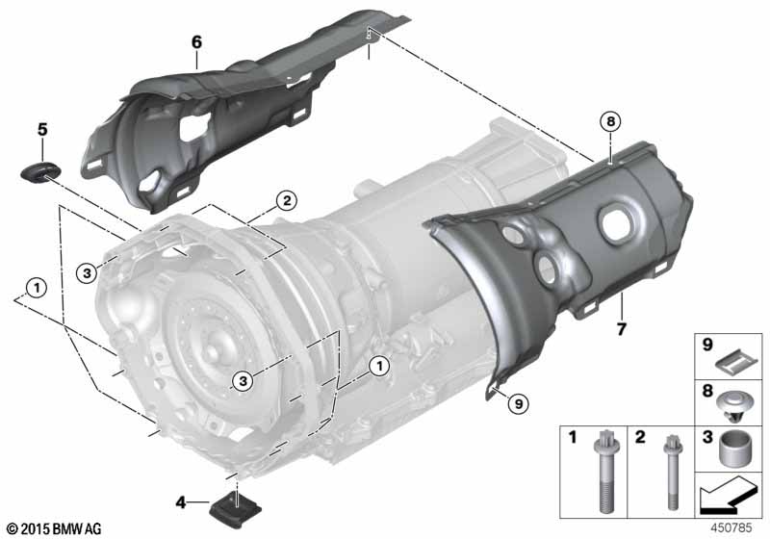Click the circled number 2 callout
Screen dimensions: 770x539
[x=287, y=200]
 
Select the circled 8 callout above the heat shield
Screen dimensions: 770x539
[x=610, y=121]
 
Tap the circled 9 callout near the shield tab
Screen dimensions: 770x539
[x=519, y=404]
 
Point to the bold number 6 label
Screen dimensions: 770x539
[x=196, y=42]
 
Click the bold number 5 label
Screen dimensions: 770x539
[x=42, y=130]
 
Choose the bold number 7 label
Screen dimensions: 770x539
[x=622, y=329]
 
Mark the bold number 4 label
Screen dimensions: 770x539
[x=181, y=502]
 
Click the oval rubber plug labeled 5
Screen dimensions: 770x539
[x=40, y=171]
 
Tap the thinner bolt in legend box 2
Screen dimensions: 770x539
[x=672, y=473]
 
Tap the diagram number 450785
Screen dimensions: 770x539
[x=731, y=527]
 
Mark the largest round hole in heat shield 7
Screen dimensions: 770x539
[x=617, y=223]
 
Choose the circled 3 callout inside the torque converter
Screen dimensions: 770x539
[x=244, y=380]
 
